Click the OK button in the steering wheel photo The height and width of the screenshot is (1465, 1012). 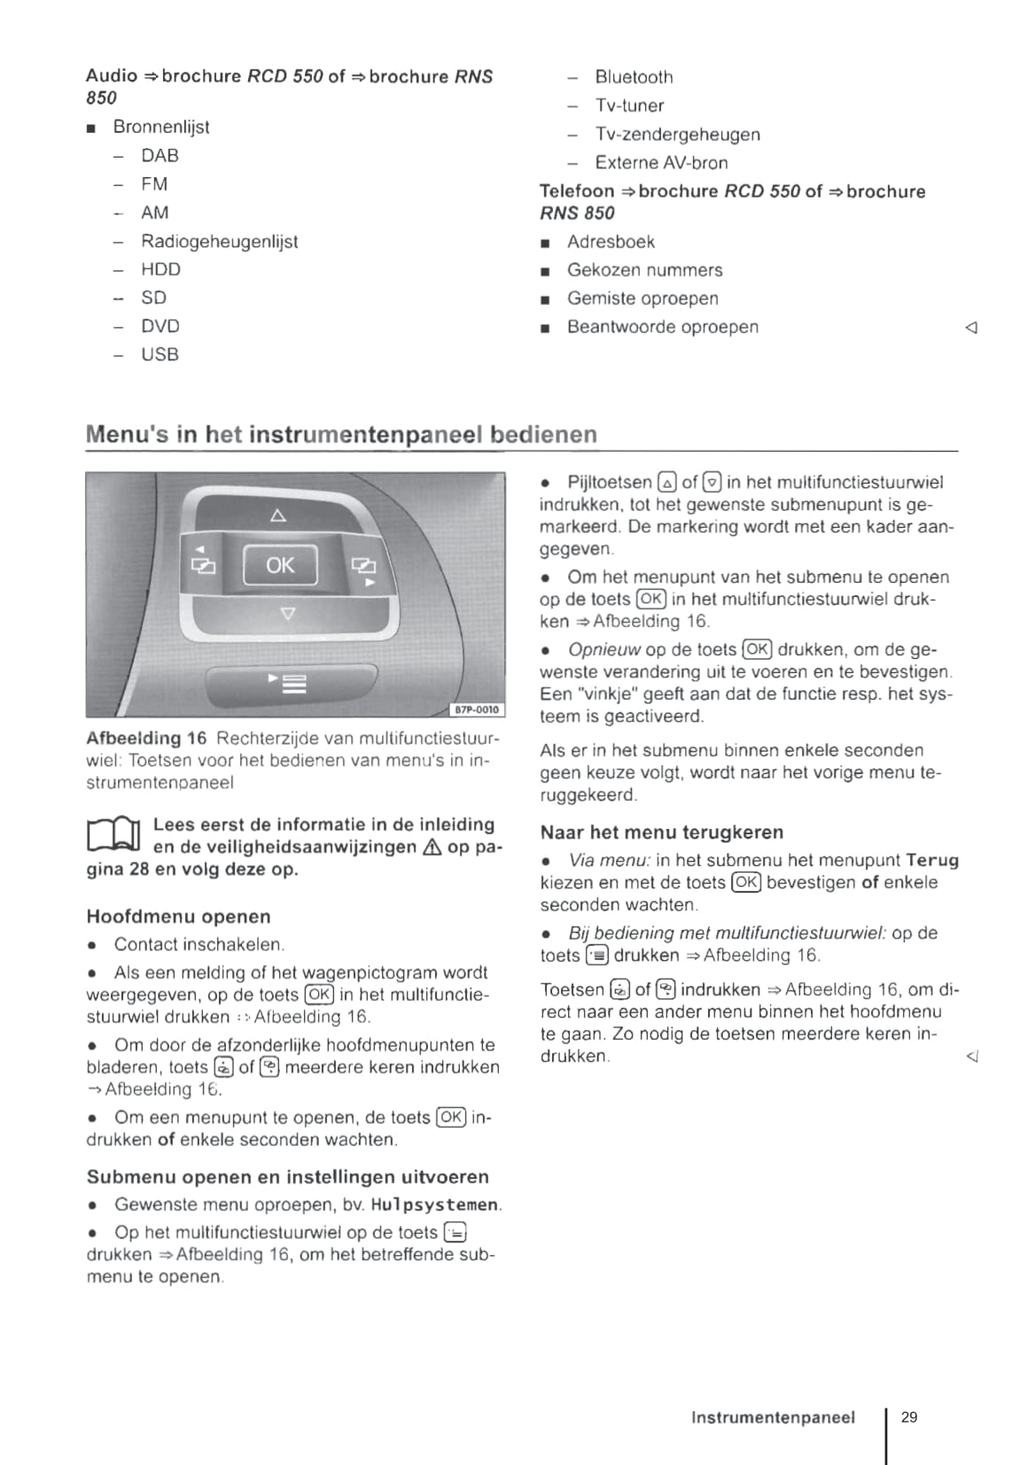pos(280,565)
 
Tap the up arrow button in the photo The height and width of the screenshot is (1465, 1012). pos(278,515)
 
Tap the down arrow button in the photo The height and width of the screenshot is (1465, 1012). pos(286,613)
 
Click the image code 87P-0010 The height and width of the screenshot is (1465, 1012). pos(477,709)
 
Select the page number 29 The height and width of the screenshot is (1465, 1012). pos(909,1417)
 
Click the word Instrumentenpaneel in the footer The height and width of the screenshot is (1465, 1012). pos(773,1418)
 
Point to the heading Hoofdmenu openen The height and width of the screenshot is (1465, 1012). pos(178,917)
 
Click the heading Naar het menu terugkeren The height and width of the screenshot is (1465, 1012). pos(661,833)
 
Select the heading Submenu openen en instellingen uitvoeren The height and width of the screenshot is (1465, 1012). pos(287,1177)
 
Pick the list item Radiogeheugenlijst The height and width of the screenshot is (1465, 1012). pos(219,241)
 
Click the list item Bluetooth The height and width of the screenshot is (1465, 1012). pos(634,77)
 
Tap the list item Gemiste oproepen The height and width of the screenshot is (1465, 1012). pos(642,298)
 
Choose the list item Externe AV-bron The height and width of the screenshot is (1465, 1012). pos(661,163)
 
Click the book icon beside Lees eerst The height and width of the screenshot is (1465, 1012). pos(113,835)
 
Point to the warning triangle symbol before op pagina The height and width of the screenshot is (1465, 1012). pos(432,848)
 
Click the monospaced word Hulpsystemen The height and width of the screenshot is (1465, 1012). pos(434,1205)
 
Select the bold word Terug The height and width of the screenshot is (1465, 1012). pos(932,860)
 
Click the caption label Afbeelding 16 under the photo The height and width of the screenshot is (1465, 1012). pos(146,739)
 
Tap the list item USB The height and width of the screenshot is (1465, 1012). pos(160,354)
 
